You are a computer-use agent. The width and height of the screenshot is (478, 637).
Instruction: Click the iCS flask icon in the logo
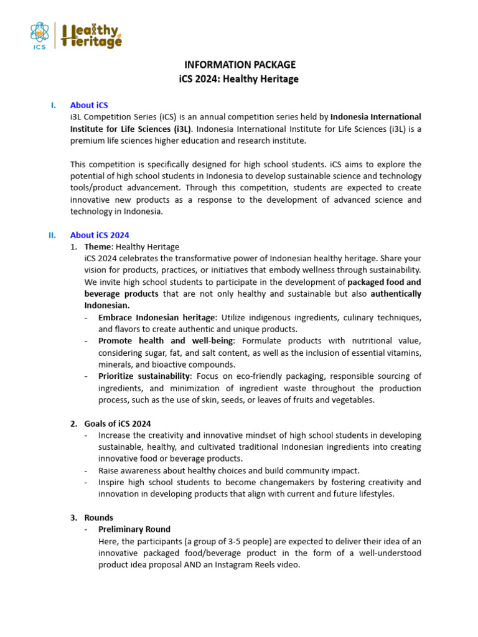click(40, 34)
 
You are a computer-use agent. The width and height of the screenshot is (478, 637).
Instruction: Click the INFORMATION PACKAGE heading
click(240, 65)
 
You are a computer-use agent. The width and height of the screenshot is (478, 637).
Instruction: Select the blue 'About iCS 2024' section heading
click(100, 235)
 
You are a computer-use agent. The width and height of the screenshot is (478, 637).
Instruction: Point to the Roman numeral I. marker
click(54, 105)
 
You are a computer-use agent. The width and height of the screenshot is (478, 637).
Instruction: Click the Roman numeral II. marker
click(52, 235)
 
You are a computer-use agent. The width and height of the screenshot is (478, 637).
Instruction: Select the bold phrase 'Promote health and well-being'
click(166, 341)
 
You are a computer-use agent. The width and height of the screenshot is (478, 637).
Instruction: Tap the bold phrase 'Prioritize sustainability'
click(144, 376)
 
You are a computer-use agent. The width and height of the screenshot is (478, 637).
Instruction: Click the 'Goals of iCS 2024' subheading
click(118, 424)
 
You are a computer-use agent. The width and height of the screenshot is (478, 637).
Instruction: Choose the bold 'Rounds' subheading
click(99, 518)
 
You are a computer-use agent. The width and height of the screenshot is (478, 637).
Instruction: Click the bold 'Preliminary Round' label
click(134, 529)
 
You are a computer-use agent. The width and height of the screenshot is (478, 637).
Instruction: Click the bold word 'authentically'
click(396, 294)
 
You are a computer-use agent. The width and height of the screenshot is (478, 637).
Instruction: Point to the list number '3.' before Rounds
click(73, 518)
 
